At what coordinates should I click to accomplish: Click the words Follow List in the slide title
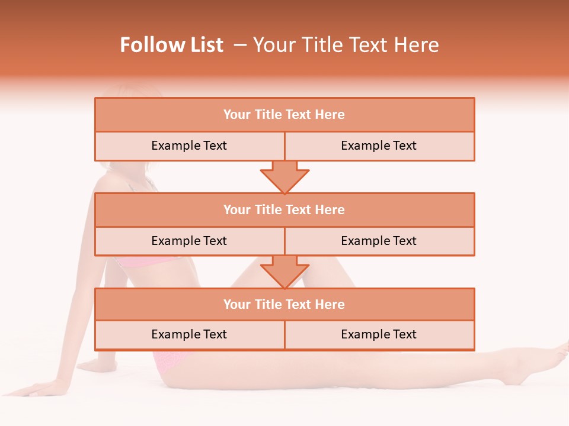[x=171, y=45]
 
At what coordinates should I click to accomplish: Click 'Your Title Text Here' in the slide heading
[x=346, y=45]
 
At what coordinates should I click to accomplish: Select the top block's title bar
[x=284, y=115]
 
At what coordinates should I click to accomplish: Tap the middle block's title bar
[x=284, y=210]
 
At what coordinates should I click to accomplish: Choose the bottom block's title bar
[x=284, y=305]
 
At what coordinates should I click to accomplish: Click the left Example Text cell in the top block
[x=189, y=146]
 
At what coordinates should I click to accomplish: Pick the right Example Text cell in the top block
[x=379, y=146]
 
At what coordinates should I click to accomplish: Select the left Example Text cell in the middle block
[x=189, y=241]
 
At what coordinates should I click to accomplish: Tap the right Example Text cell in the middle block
[x=379, y=241]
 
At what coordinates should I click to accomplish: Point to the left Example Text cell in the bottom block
[x=189, y=335]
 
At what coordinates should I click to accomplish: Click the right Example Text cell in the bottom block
[x=379, y=335]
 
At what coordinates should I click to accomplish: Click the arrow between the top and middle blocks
[x=284, y=177]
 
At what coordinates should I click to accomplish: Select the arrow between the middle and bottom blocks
[x=284, y=272]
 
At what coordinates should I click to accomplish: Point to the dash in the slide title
[x=240, y=45]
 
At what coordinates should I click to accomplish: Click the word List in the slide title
[x=206, y=45]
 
